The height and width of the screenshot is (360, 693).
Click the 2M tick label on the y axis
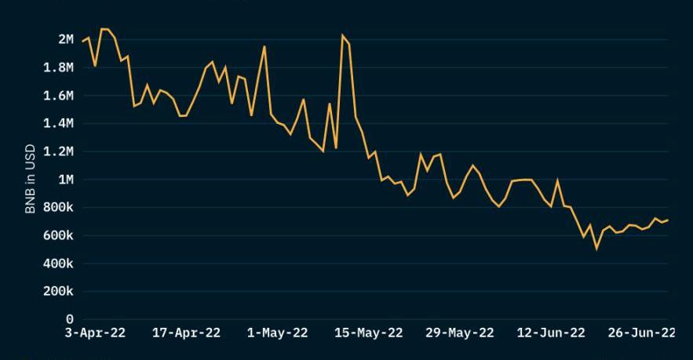tap(66, 39)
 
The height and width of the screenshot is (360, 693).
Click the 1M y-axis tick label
tap(66, 180)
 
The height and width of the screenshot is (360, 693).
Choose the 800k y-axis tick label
tap(57, 208)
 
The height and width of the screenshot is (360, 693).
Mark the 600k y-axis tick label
tap(57, 235)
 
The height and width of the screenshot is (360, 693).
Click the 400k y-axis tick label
tap(57, 264)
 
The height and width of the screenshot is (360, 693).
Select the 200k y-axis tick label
tap(57, 292)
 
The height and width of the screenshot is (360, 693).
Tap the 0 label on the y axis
tap(70, 320)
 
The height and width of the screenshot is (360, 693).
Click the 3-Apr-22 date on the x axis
tap(94, 333)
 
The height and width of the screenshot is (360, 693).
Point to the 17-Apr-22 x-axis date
tap(186, 333)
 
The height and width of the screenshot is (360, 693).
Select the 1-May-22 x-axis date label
tap(278, 333)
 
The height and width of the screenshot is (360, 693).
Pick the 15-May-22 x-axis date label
tap(369, 333)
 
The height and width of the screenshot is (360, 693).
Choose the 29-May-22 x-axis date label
tap(460, 333)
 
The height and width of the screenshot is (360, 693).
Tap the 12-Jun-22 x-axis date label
tap(551, 333)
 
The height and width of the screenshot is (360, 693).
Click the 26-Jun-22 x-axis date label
tap(642, 333)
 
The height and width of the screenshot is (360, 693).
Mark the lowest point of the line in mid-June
tap(596, 249)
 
